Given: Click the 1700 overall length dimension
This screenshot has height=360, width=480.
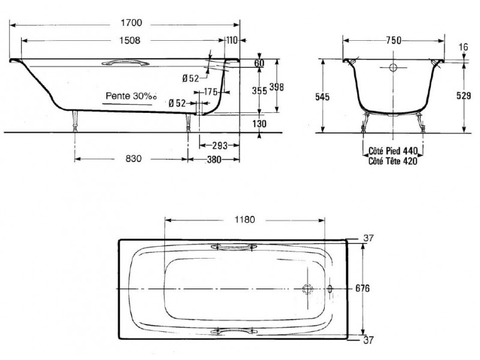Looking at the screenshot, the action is (x=131, y=23).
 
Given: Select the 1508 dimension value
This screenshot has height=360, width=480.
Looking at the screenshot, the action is (x=130, y=40).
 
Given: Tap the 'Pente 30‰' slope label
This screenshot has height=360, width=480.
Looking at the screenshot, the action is (x=131, y=96).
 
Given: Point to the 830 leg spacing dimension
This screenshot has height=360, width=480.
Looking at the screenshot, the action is (x=133, y=158).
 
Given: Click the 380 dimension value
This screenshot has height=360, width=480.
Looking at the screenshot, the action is (x=214, y=160).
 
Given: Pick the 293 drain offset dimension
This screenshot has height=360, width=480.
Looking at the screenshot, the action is (x=220, y=145).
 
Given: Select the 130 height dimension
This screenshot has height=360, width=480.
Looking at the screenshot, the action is (x=259, y=124).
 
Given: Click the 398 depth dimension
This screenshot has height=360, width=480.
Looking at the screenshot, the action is (x=277, y=87).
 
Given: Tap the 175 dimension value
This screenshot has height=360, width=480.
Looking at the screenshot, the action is (x=211, y=92).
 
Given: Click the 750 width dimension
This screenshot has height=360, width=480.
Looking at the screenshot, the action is (x=394, y=40).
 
